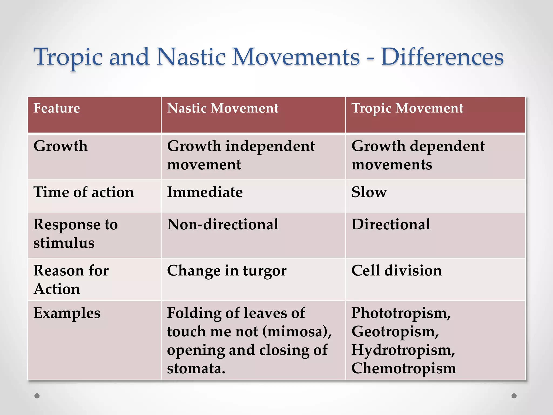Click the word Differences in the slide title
(x=442, y=57)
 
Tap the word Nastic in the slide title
(x=191, y=57)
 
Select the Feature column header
(x=57, y=108)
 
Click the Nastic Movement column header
(x=222, y=108)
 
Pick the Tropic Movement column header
(x=407, y=108)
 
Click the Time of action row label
(x=84, y=192)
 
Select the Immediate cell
(x=205, y=192)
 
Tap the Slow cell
(x=369, y=192)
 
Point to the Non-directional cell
(x=222, y=225)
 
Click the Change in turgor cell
(x=227, y=271)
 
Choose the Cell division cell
(x=396, y=271)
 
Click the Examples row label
(x=67, y=313)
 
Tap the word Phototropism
(x=401, y=313)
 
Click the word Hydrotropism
(x=403, y=350)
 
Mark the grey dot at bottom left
(x=37, y=396)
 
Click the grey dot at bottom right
(x=514, y=396)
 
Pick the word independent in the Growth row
(x=270, y=146)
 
